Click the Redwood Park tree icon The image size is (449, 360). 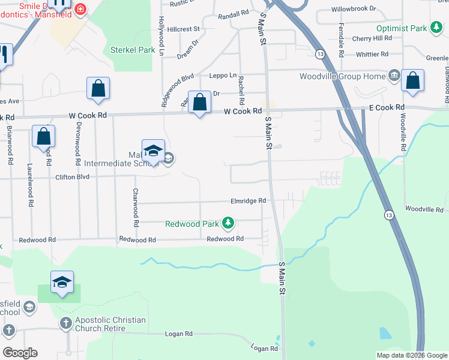tap(228, 224)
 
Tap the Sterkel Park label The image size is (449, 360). tap(133, 50)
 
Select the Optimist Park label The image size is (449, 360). tap(401, 28)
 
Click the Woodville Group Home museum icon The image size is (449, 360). tap(394, 75)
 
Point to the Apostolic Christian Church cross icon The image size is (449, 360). tap(65, 323)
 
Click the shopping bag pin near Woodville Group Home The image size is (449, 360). tap(413, 82)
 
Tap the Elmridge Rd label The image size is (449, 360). tap(248, 201)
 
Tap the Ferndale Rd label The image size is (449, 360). tap(341, 43)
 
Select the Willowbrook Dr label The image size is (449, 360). tap(354, 10)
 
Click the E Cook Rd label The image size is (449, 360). tap(386, 107)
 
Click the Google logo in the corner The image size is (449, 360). tap(20, 353)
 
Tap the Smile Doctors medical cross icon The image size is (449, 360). tap(80, 9)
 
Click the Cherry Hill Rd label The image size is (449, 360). tap(372, 38)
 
